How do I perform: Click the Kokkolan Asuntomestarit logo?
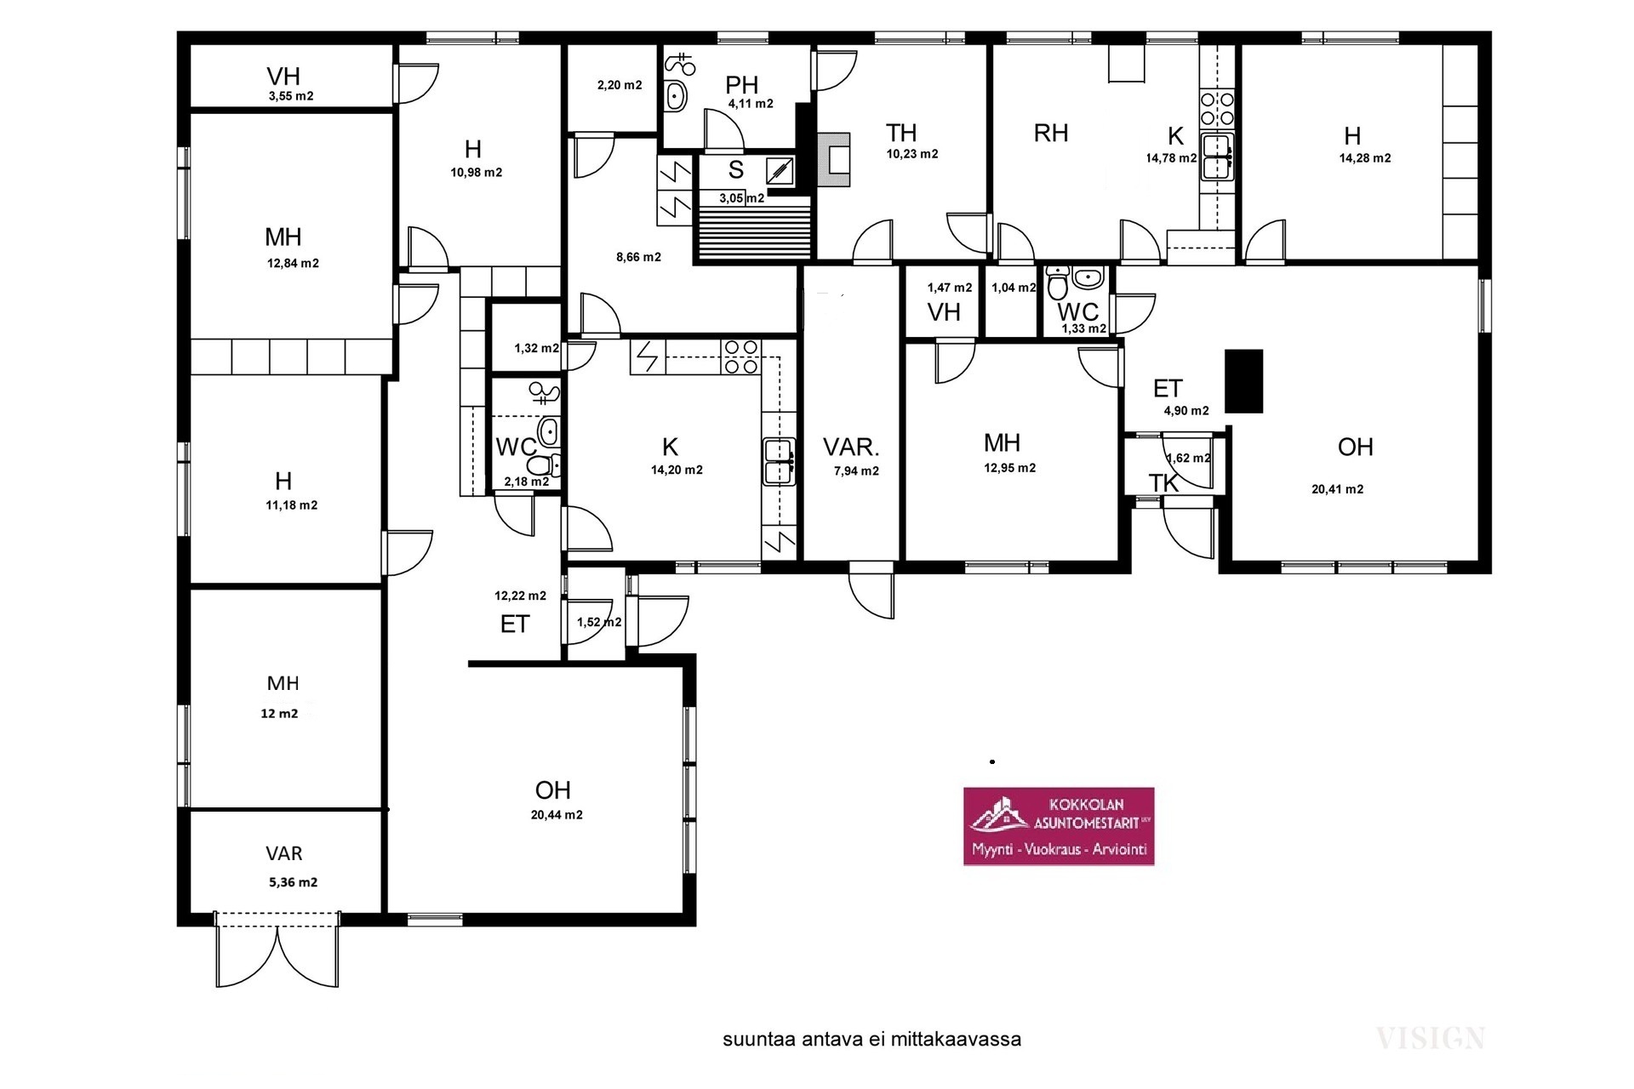(1059, 826)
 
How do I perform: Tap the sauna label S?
(736, 170)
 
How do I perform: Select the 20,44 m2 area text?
(557, 815)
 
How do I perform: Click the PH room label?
(742, 85)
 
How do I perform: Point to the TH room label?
(901, 133)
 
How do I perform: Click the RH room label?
(1051, 134)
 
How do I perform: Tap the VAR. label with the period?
(851, 447)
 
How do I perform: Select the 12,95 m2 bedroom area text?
(1010, 468)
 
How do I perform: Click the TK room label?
(1163, 483)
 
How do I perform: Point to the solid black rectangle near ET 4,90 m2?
(1243, 381)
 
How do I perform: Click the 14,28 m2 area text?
(1365, 158)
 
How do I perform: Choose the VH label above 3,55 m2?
(283, 77)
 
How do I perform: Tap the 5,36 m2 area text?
(294, 882)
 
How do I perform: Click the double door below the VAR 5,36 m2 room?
(277, 951)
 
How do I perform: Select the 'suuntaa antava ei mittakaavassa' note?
(872, 1040)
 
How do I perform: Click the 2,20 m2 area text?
(620, 85)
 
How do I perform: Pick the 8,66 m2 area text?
(638, 257)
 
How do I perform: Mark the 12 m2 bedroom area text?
(279, 714)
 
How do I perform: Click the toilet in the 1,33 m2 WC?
(1058, 283)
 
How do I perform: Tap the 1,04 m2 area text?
(1014, 288)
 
